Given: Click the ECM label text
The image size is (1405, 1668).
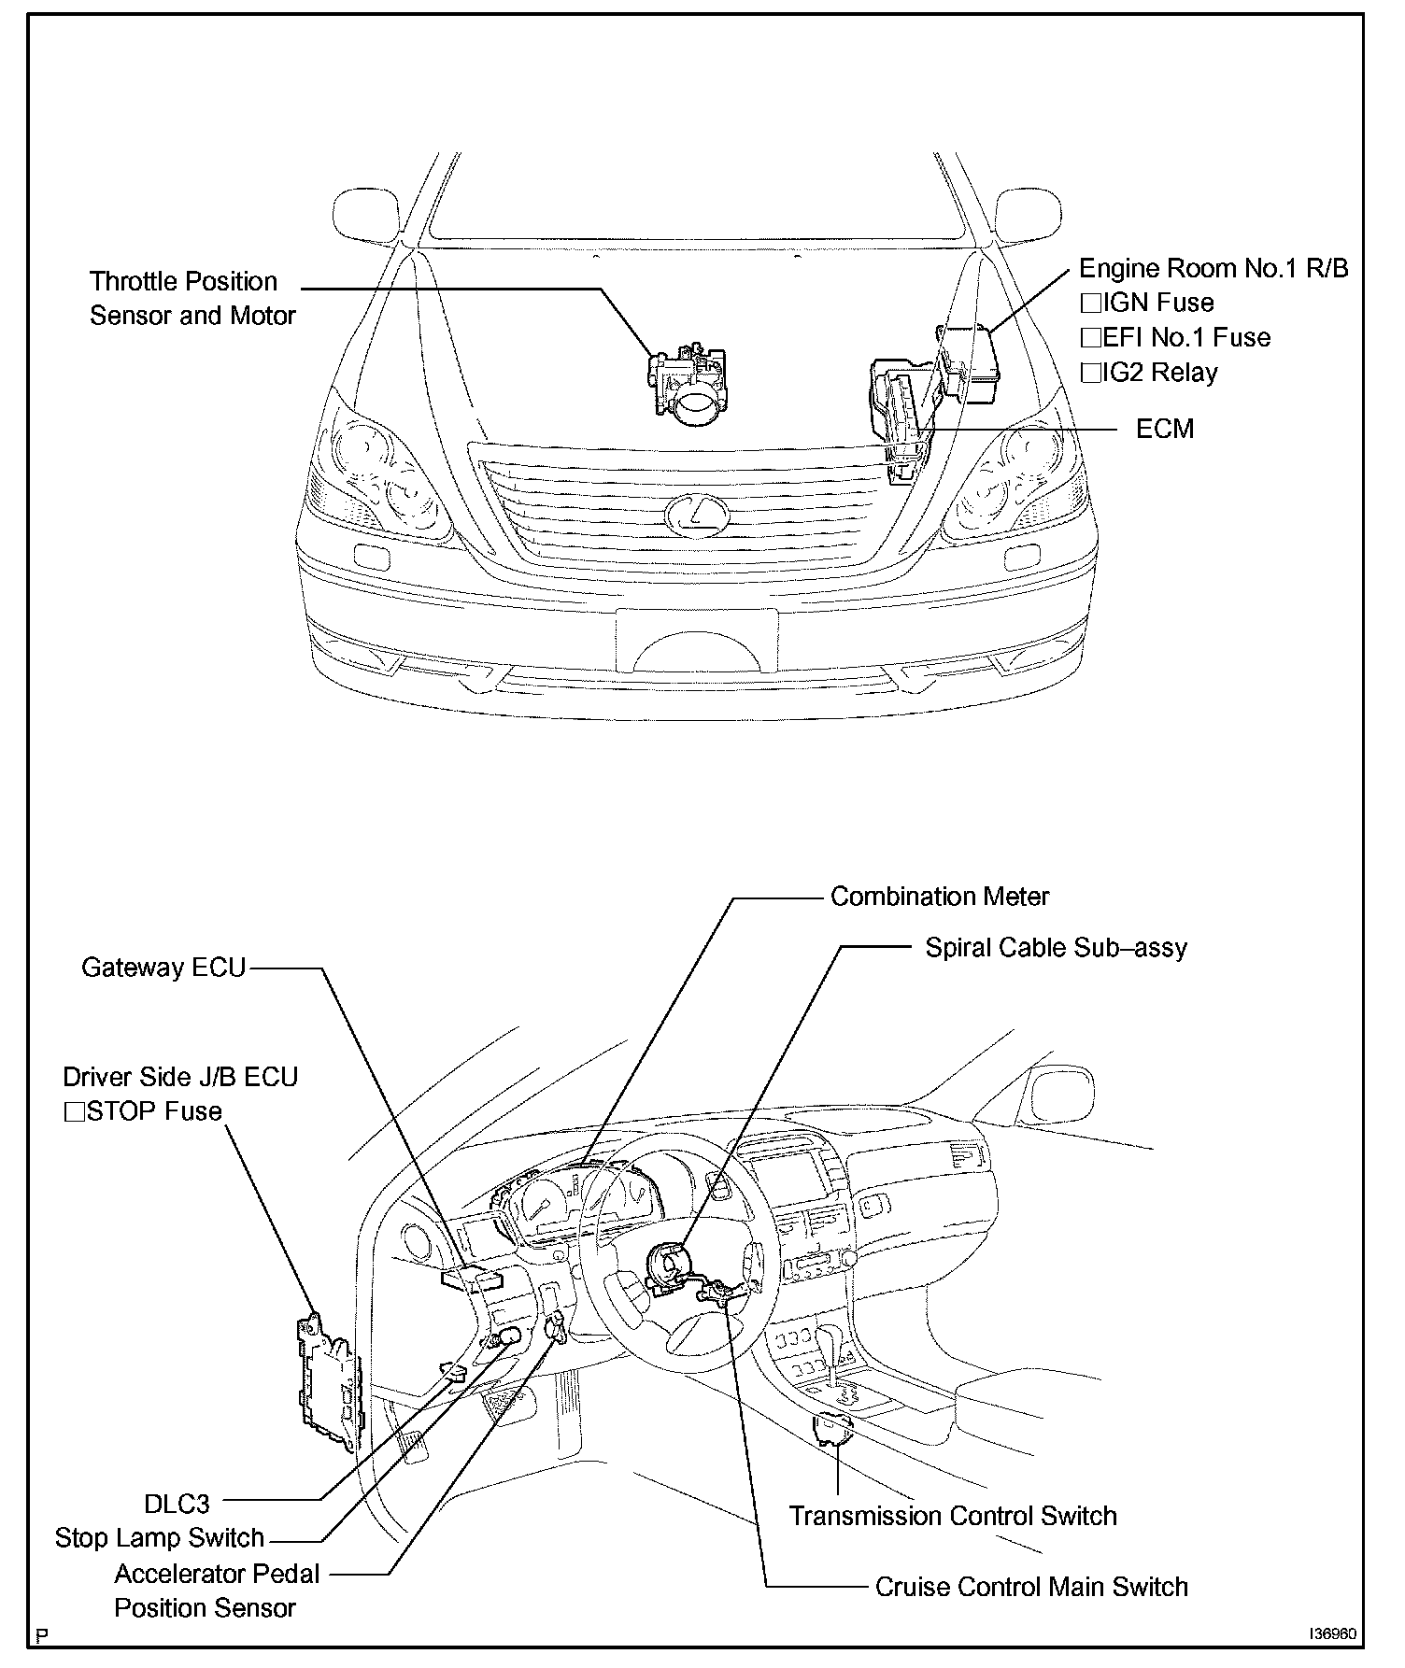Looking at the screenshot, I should [1164, 430].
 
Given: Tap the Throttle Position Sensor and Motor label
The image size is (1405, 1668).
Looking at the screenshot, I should [192, 299].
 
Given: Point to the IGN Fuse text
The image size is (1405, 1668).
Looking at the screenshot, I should [1157, 304].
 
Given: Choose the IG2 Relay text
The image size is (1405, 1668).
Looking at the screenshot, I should [1159, 373].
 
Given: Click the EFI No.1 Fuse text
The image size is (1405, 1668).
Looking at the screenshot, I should [1185, 338].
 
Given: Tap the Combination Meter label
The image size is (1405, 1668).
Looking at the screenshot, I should [939, 898].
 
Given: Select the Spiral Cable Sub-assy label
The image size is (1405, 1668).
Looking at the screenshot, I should [1056, 948].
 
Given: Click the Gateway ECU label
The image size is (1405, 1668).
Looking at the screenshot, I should [163, 968].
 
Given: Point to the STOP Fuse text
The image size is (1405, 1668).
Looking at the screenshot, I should [153, 1112].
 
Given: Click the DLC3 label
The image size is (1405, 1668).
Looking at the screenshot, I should [177, 1505].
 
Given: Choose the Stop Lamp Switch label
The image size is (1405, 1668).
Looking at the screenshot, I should [160, 1538].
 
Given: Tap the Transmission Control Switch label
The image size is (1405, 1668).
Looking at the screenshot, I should [953, 1516].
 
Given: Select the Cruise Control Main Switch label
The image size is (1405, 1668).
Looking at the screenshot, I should [1031, 1588].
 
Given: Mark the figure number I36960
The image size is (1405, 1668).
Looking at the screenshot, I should [1332, 1635].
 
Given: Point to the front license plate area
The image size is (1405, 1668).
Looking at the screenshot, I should [696, 640].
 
